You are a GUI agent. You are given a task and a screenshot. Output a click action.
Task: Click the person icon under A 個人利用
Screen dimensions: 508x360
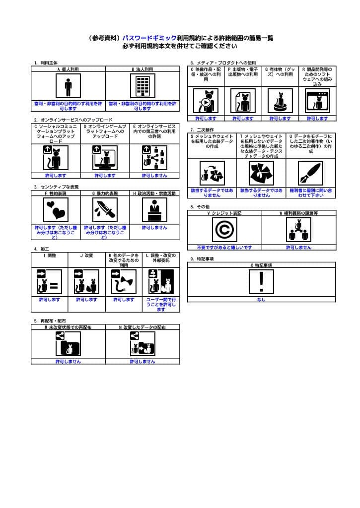pos(68,86)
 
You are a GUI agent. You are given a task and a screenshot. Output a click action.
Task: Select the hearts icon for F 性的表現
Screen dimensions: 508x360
pos(56,210)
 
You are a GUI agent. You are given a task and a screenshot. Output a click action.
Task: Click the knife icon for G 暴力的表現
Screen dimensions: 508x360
pos(105,210)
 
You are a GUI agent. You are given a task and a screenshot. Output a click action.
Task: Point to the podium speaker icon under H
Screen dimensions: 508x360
pos(154,210)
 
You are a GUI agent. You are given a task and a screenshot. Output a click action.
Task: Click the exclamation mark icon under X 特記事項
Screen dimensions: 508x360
pos(261,282)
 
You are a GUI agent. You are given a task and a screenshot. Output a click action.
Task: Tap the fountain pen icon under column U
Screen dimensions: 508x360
pos(311,173)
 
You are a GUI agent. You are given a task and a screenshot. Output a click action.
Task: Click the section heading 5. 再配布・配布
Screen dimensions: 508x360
pos(50,321)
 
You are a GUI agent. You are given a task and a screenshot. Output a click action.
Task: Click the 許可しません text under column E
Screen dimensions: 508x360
pos(154,176)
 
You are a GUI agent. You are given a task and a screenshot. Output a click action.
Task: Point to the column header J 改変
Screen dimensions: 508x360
pos(87,255)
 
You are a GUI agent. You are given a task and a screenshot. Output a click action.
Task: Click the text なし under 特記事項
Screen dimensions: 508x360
pos(261,300)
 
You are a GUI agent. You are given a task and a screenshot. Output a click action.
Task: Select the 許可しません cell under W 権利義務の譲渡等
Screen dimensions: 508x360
pos(298,247)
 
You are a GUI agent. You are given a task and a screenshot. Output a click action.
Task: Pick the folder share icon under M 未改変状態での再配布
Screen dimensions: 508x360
pos(68,344)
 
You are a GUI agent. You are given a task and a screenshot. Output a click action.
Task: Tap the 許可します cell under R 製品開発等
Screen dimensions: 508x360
pos(317,119)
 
